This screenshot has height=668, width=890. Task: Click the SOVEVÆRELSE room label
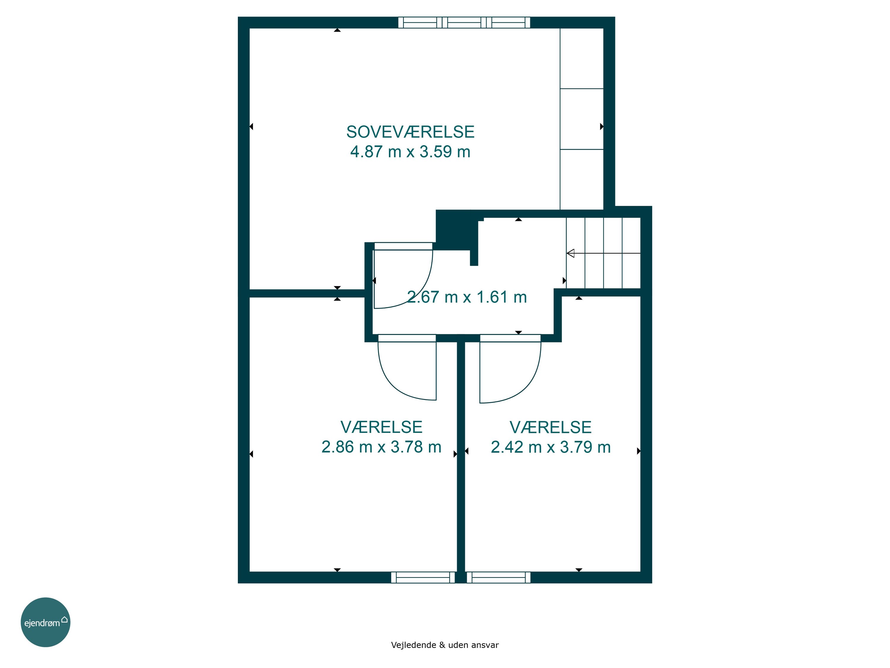point(410,132)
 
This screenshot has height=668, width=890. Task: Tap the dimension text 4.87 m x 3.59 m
point(410,152)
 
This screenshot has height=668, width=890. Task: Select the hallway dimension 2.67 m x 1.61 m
point(467,297)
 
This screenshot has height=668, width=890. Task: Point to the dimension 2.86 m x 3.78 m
point(382,447)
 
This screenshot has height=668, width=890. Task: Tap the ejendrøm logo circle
point(45,622)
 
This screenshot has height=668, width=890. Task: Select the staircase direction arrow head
point(570,253)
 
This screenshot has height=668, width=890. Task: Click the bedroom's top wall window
point(464,23)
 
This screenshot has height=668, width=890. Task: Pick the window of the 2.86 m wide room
point(423,577)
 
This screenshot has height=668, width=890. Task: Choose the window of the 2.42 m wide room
point(498,577)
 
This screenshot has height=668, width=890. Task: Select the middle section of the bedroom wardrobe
point(582,119)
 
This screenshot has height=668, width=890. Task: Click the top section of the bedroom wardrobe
point(582,58)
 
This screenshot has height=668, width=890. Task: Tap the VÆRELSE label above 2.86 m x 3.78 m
point(382,427)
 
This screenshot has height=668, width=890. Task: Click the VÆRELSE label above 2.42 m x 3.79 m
point(551,428)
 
